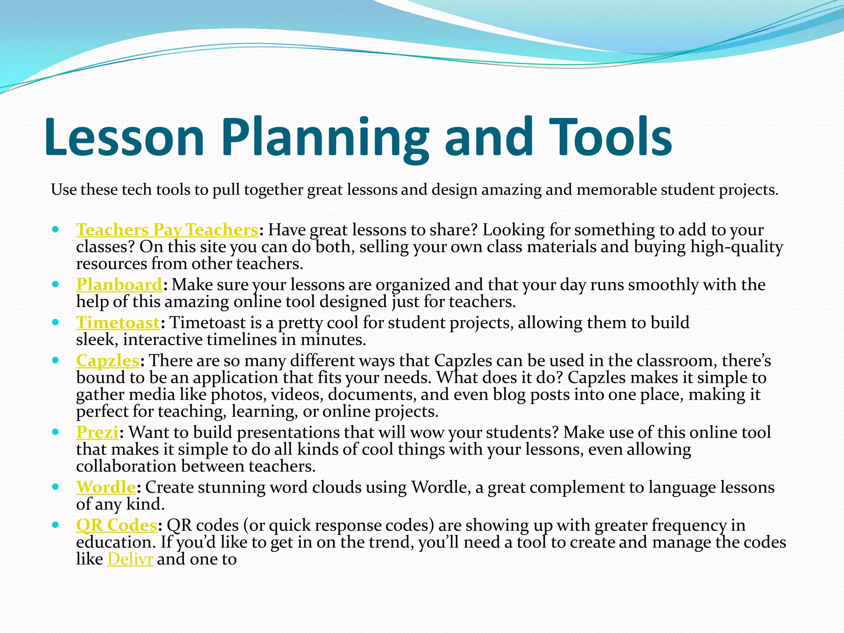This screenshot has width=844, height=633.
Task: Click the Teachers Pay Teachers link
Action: [x=167, y=230]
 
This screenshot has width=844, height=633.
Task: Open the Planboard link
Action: [x=119, y=285]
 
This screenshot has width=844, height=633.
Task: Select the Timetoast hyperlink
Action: [x=118, y=323]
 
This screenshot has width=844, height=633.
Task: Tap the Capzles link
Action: [x=108, y=361]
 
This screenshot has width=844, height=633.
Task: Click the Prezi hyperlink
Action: [x=97, y=432]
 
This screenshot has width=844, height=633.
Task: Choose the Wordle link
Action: [x=106, y=487]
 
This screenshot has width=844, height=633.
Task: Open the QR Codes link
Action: [x=117, y=525]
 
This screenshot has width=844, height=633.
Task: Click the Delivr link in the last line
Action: [x=130, y=559]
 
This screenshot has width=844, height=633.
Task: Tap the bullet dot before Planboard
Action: [x=56, y=284]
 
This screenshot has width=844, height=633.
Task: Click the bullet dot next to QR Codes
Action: [x=56, y=524]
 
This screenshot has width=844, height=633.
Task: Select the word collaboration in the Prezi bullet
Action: [x=127, y=467]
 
